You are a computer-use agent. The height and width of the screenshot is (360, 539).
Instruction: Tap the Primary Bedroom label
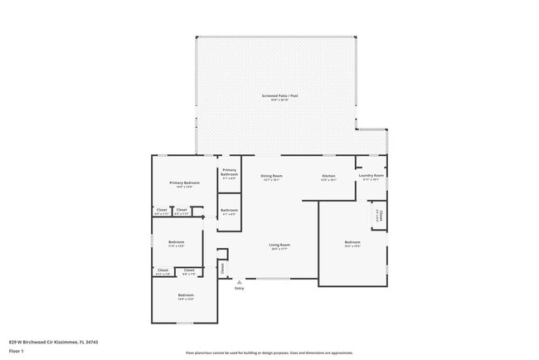click(184, 182)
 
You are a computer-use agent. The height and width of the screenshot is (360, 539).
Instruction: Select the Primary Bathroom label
click(229, 172)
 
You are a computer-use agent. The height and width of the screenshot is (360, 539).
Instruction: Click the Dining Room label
click(272, 175)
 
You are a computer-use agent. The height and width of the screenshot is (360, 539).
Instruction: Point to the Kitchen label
click(328, 175)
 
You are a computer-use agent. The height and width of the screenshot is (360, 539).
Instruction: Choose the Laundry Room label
click(371, 175)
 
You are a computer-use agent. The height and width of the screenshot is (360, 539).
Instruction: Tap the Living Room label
click(279, 244)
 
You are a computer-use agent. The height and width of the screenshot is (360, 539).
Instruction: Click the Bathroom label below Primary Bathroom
click(229, 210)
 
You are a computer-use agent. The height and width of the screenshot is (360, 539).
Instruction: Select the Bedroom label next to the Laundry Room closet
click(352, 242)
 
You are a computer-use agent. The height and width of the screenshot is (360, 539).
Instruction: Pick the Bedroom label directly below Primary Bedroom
click(176, 242)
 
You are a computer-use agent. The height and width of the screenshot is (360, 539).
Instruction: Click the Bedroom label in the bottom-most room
click(186, 294)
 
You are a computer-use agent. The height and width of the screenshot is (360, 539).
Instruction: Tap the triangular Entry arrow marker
click(240, 281)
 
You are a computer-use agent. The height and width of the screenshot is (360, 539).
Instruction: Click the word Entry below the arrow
click(240, 288)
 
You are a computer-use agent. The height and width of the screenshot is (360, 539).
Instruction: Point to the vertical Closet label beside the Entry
click(222, 267)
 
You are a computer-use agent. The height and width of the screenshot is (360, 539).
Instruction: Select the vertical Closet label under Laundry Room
click(379, 216)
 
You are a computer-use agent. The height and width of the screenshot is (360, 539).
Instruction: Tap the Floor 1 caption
click(15, 351)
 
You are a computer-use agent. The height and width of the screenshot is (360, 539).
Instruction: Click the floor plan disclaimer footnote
click(269, 353)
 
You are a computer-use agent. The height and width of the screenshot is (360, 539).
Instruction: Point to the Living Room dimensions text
click(279, 248)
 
